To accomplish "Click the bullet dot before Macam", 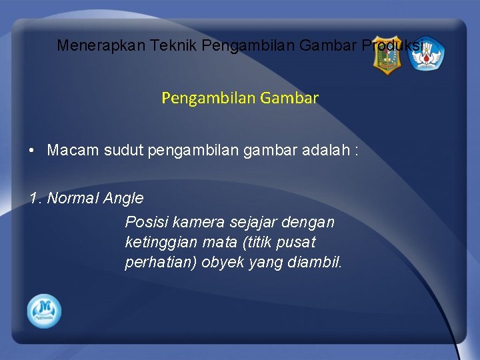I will pos(33,150).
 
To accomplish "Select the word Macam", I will pos(73,150).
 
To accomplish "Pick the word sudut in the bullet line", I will pos(122,150).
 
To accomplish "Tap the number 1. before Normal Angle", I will pos(35,198).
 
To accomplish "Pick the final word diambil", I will pos(314,262).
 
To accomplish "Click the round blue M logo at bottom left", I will pos(44,311).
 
